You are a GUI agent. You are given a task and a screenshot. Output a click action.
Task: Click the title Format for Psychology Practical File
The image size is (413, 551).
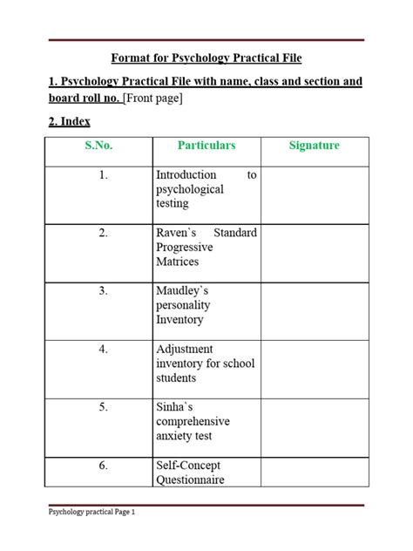pos(206,58)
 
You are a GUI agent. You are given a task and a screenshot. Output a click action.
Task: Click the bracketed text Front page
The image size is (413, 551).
pos(153,98)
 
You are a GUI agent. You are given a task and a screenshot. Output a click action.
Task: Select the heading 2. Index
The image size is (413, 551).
pos(69,121)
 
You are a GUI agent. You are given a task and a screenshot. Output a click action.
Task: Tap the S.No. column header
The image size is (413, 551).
pos(98,146)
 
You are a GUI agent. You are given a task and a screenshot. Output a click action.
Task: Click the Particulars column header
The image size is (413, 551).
pos(206,146)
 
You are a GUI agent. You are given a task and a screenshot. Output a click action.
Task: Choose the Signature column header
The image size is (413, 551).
pos(314,146)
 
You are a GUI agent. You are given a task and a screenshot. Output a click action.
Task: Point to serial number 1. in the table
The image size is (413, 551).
pos(104,175)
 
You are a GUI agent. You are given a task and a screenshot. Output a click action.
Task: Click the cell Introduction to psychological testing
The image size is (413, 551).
pos(206,189)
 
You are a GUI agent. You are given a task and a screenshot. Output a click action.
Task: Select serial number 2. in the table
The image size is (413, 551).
pos(104,234)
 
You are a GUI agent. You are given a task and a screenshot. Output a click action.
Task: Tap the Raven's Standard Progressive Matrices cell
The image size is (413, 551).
pos(206,248)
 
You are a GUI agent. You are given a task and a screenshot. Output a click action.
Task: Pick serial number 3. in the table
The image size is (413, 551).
pos(104,291)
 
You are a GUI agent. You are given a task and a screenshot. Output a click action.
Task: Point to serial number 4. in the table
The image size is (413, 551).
pos(104,350)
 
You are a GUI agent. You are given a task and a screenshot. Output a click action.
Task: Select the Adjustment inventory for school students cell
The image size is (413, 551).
pos(206,364)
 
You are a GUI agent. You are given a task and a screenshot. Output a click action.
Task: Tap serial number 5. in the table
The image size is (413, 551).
pos(104,407)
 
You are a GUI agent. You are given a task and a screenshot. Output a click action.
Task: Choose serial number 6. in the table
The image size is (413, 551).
pos(104,466)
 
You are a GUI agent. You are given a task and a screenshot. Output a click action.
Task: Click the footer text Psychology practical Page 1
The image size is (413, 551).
pos(91,514)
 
